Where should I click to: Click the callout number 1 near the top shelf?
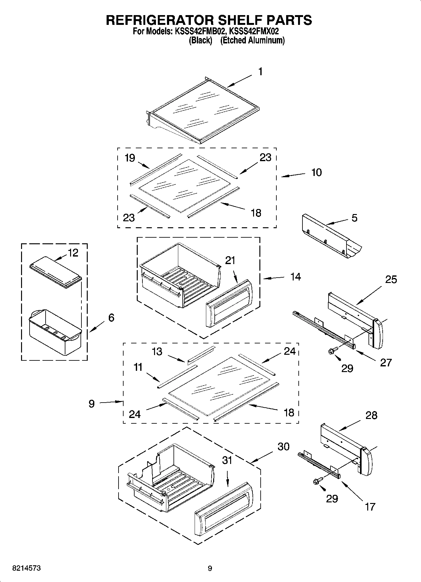[x=260, y=72]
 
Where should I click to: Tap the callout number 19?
[x=130, y=158]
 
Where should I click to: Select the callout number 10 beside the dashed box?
[x=316, y=172]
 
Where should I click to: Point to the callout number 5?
[x=354, y=218]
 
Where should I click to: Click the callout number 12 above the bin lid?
[x=73, y=253]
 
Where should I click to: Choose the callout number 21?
[x=230, y=261]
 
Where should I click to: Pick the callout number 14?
[x=296, y=277]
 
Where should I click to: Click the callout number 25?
[x=391, y=280]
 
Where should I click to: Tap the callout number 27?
[x=386, y=363]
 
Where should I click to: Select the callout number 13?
[x=157, y=351]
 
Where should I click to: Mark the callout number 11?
[x=138, y=367]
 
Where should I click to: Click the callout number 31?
[x=227, y=460]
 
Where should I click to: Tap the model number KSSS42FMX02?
[x=254, y=31]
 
